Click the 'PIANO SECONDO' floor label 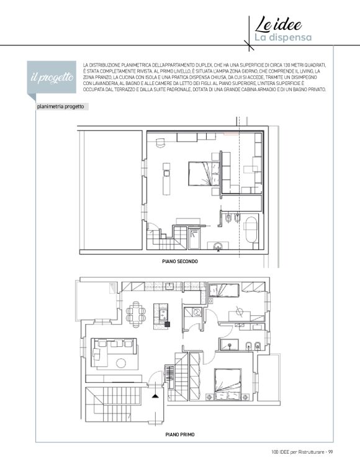click(x=180, y=261)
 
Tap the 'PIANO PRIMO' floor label click(x=180, y=434)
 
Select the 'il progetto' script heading click(x=52, y=77)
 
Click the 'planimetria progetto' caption click(x=61, y=107)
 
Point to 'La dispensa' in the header click(x=282, y=37)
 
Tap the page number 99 click(x=330, y=452)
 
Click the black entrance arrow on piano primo click(x=155, y=396)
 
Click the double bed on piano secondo click(x=204, y=174)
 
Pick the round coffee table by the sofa click(x=121, y=363)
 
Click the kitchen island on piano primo click(x=161, y=316)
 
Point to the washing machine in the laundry click(x=197, y=312)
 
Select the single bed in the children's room click(x=223, y=290)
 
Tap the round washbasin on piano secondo click(x=218, y=247)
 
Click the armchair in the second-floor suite click(x=160, y=143)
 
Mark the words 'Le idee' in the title click(x=278, y=24)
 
